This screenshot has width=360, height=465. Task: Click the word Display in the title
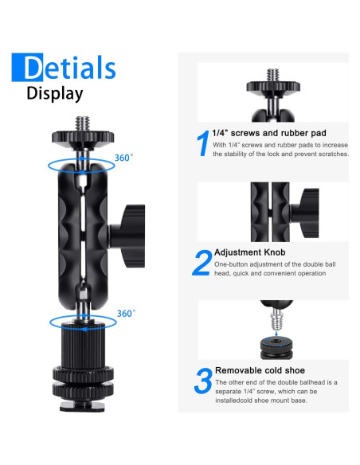coord(55,93)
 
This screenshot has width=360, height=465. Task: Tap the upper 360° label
coord(125,158)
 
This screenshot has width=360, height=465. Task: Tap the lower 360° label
coord(125,314)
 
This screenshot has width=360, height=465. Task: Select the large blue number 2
coord(202,263)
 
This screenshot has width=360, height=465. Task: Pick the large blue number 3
coord(202,380)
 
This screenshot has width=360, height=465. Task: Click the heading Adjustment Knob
coord(252,252)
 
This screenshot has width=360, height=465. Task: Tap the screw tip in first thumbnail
coord(273,73)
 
